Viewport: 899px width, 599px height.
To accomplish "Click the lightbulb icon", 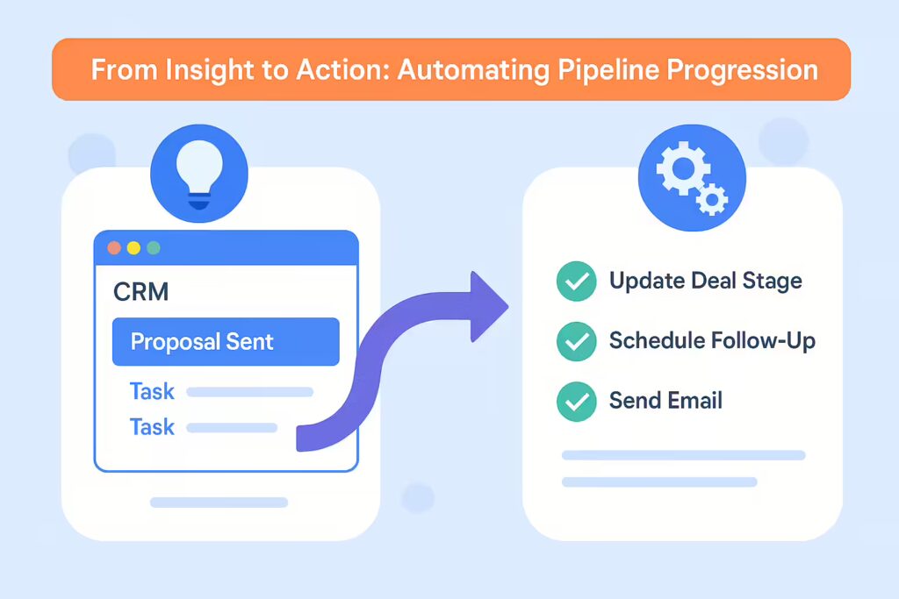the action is (x=199, y=174).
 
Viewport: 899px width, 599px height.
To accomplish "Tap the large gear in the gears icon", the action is (x=683, y=168).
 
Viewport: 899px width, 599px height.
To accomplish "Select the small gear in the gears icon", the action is (x=712, y=200).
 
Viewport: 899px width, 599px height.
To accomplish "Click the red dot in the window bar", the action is (x=114, y=248).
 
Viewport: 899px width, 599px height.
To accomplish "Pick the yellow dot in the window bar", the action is (x=133, y=248).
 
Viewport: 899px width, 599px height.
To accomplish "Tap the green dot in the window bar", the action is (x=153, y=248).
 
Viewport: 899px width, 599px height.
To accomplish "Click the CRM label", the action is (x=141, y=291).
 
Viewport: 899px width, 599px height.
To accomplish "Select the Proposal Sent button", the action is (x=226, y=341).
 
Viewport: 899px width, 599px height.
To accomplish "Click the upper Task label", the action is (x=152, y=392).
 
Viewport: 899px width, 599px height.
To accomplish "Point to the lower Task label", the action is (x=152, y=427).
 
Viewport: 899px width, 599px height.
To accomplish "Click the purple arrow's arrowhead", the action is (x=487, y=306).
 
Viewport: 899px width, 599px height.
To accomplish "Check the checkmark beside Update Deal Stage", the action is (x=577, y=282).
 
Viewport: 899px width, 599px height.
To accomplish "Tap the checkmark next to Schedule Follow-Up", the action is (x=577, y=341).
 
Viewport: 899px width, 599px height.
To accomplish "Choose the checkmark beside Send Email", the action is (x=577, y=402).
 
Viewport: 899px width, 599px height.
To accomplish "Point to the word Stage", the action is (x=773, y=282).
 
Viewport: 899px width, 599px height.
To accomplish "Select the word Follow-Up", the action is (x=763, y=341).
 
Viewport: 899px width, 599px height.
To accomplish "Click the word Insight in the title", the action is (x=211, y=70).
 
